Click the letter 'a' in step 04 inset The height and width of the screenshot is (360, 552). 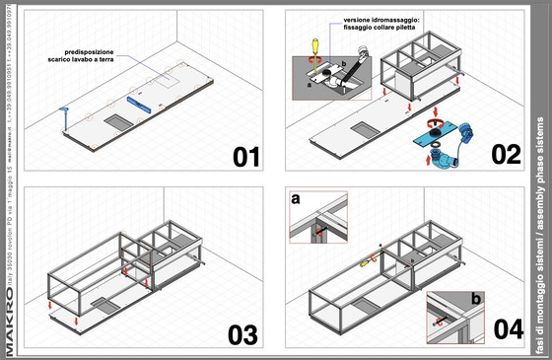click(323, 201)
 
